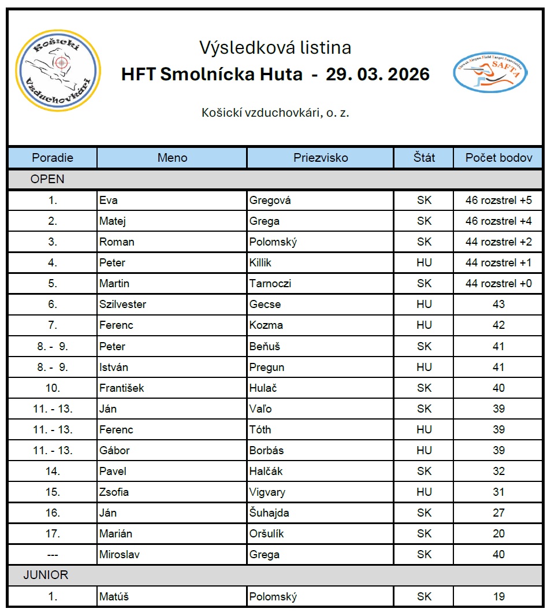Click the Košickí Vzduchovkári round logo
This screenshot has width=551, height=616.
58,70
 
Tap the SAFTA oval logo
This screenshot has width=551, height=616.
490,73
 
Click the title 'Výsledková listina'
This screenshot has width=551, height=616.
275,47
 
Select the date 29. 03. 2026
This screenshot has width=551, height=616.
378,75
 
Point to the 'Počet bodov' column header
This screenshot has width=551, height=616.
498,158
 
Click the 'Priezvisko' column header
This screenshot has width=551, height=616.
321,158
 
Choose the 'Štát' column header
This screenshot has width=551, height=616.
424,158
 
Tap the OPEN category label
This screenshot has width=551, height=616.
47,179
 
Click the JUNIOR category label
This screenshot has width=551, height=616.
46,575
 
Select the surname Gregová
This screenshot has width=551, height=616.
270,201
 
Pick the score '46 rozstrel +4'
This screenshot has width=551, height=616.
498,221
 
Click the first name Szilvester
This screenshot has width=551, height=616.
122,305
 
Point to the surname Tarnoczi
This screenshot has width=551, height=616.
270,284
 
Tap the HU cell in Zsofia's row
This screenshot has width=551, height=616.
424,492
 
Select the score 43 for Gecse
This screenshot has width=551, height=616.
498,305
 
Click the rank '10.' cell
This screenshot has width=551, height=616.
53,388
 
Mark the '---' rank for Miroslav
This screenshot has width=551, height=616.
53,555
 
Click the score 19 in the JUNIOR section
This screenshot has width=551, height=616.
498,596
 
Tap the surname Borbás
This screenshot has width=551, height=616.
266,451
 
